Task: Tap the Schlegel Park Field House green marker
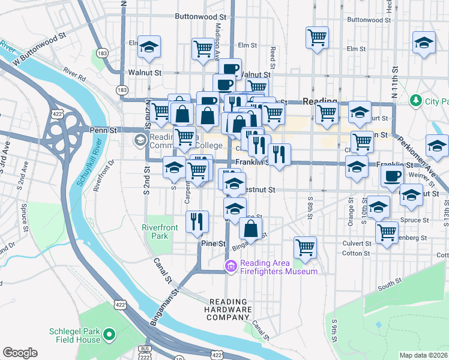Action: pyautogui.click(x=109, y=334)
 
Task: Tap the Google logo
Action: pyautogui.click(x=20, y=353)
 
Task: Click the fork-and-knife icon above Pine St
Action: pyautogui.click(x=197, y=221)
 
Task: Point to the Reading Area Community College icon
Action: pyautogui.click(x=140, y=140)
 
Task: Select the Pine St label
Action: pyautogui.click(x=212, y=244)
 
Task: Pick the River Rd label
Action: pyautogui.click(x=75, y=74)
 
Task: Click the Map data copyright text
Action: pyautogui.click(x=423, y=355)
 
